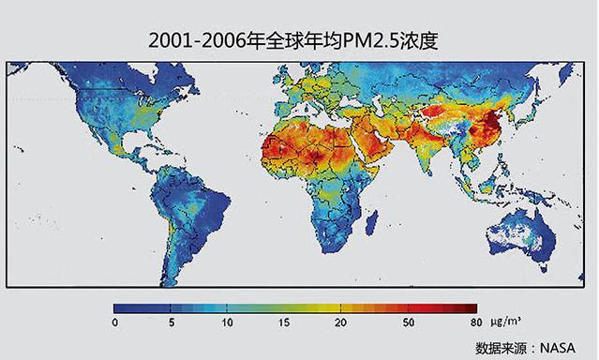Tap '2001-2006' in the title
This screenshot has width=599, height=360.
(x=192, y=41)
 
